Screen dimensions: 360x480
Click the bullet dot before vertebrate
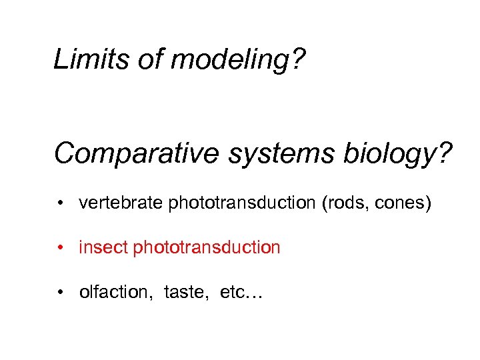tap(60, 203)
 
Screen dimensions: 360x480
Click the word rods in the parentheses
tap(346, 203)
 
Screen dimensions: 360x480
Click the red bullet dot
tap(60, 248)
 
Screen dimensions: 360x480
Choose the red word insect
tap(103, 248)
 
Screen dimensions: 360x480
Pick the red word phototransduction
tap(207, 249)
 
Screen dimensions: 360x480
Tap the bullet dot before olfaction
tap(60, 293)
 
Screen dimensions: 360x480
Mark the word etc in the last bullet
tap(233, 293)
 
